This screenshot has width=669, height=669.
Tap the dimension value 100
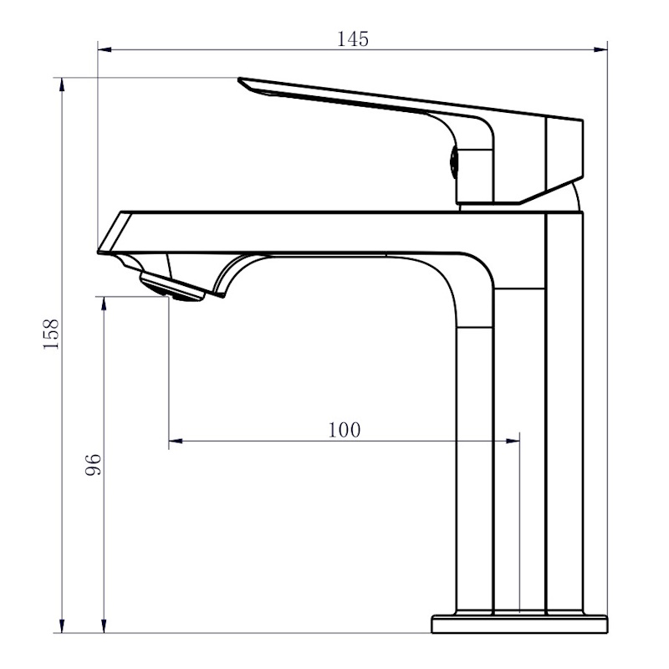(x=345, y=430)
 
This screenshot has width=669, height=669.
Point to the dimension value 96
(x=93, y=464)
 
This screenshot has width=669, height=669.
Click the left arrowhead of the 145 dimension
(x=105, y=49)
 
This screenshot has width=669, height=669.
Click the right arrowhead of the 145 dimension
(x=601, y=49)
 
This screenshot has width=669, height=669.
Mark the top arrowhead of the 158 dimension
(x=62, y=84)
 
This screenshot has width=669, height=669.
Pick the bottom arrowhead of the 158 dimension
(x=62, y=626)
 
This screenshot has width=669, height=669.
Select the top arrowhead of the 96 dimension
(x=104, y=303)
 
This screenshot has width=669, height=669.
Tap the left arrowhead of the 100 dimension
(x=175, y=440)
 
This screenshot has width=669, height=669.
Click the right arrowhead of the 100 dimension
(x=514, y=440)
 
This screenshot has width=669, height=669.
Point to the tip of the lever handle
(x=243, y=83)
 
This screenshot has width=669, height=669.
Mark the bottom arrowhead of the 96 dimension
(x=104, y=626)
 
